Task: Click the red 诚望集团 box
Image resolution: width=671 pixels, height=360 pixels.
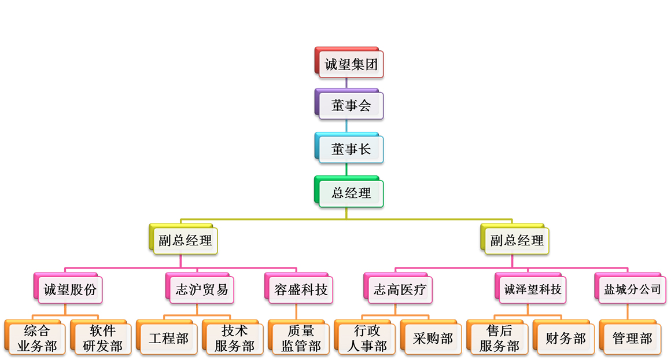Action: point(351,64)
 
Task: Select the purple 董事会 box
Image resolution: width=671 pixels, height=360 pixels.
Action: point(351,105)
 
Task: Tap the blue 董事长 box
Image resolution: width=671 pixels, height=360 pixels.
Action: point(351,149)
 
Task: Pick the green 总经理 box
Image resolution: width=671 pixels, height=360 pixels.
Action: point(351,192)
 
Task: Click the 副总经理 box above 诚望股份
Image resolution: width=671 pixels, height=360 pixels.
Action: point(185,240)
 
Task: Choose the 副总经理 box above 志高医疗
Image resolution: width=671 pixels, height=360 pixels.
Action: point(517,240)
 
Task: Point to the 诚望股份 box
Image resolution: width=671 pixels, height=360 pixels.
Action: point(69,289)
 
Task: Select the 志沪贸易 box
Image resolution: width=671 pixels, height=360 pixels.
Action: point(201,289)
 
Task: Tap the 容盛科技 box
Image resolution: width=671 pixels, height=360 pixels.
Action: point(300,289)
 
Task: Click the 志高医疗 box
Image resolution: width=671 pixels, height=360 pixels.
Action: point(400,289)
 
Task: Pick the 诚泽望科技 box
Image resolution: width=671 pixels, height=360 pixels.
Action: point(532,289)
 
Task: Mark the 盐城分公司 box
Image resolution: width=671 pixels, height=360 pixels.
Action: point(632,289)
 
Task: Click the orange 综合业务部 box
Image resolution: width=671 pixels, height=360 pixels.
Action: point(36,339)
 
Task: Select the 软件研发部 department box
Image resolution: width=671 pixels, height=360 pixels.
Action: point(102,339)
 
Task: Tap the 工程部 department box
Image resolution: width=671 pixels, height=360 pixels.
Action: point(168,339)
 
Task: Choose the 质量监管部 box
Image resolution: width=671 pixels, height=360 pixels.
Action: point(300,339)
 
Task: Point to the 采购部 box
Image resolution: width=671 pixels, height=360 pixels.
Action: point(433,339)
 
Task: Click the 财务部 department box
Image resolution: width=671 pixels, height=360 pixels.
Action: point(565,339)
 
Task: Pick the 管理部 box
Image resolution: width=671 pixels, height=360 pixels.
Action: point(632,339)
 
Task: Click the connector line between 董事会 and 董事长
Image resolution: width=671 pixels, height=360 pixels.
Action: point(346,126)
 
